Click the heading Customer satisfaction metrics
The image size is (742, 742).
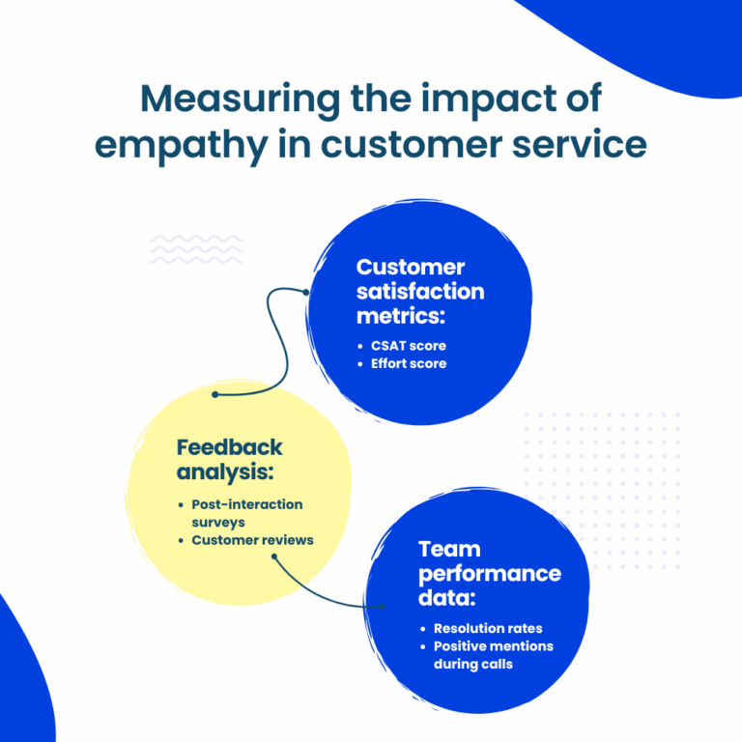(x=419, y=291)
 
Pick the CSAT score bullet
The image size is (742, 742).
(x=409, y=345)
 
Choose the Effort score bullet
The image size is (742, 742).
(x=409, y=364)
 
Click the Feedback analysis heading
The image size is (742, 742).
(x=230, y=459)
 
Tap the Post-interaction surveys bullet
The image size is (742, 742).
(x=246, y=513)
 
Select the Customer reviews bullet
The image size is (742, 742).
(x=252, y=539)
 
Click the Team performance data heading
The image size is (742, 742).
(x=489, y=574)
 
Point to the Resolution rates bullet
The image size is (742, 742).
(x=488, y=628)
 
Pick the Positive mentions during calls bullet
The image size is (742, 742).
(x=493, y=655)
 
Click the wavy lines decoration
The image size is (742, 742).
(x=183, y=250)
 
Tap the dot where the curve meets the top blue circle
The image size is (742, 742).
(x=306, y=291)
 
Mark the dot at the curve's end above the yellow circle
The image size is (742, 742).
(x=214, y=394)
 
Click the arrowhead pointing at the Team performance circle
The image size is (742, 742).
(x=382, y=607)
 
